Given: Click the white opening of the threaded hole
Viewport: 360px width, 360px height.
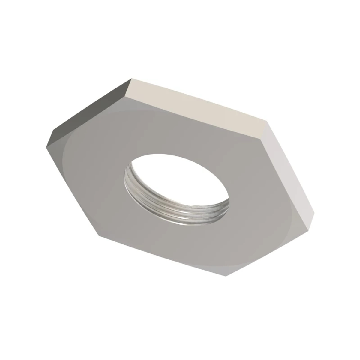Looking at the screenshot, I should (180, 177).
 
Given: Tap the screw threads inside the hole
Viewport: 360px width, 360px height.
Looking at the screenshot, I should (168, 204).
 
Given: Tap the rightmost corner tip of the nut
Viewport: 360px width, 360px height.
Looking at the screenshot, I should (314, 214).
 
